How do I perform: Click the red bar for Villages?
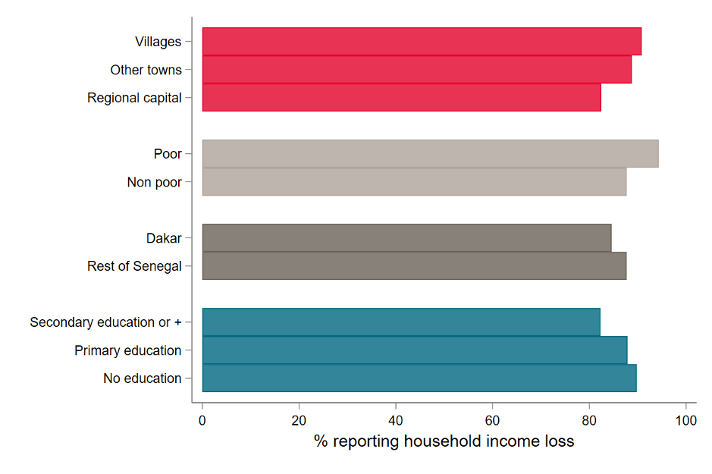click(x=422, y=42)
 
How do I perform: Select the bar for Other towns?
click(x=416, y=70)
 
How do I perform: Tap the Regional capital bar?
click(x=401, y=98)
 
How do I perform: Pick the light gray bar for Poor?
click(x=430, y=154)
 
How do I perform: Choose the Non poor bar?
click(x=414, y=182)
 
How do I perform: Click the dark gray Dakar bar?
click(x=406, y=238)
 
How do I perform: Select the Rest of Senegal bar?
click(x=414, y=266)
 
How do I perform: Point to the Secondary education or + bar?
click(x=401, y=322)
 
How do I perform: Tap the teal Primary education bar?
click(x=415, y=350)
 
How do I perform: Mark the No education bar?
click(x=419, y=378)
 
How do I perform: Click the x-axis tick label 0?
click(x=202, y=419)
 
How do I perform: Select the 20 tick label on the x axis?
click(x=299, y=419)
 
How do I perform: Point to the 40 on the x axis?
click(x=396, y=419)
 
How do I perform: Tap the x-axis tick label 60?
click(x=492, y=419)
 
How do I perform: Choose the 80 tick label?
click(x=589, y=419)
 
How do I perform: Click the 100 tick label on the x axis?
click(x=685, y=419)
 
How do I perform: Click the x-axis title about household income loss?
click(x=444, y=441)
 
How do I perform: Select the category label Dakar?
click(x=164, y=238)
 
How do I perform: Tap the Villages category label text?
click(x=158, y=42)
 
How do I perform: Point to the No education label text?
click(x=142, y=378)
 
